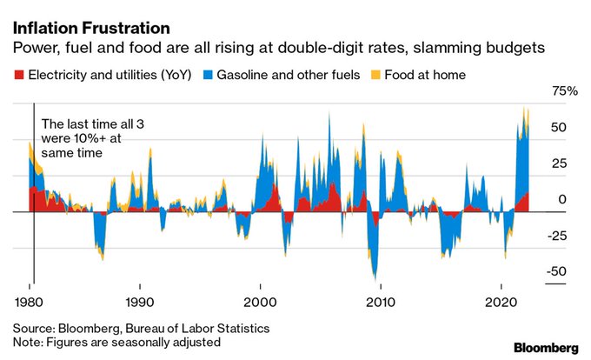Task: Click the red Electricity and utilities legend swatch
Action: [18, 75]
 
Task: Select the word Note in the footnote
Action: [28, 342]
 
